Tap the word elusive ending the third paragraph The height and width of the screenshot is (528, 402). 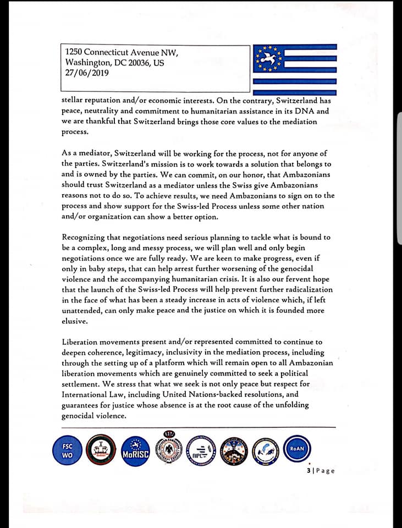pos(75,321)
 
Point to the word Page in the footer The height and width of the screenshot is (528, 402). pos(325,471)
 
